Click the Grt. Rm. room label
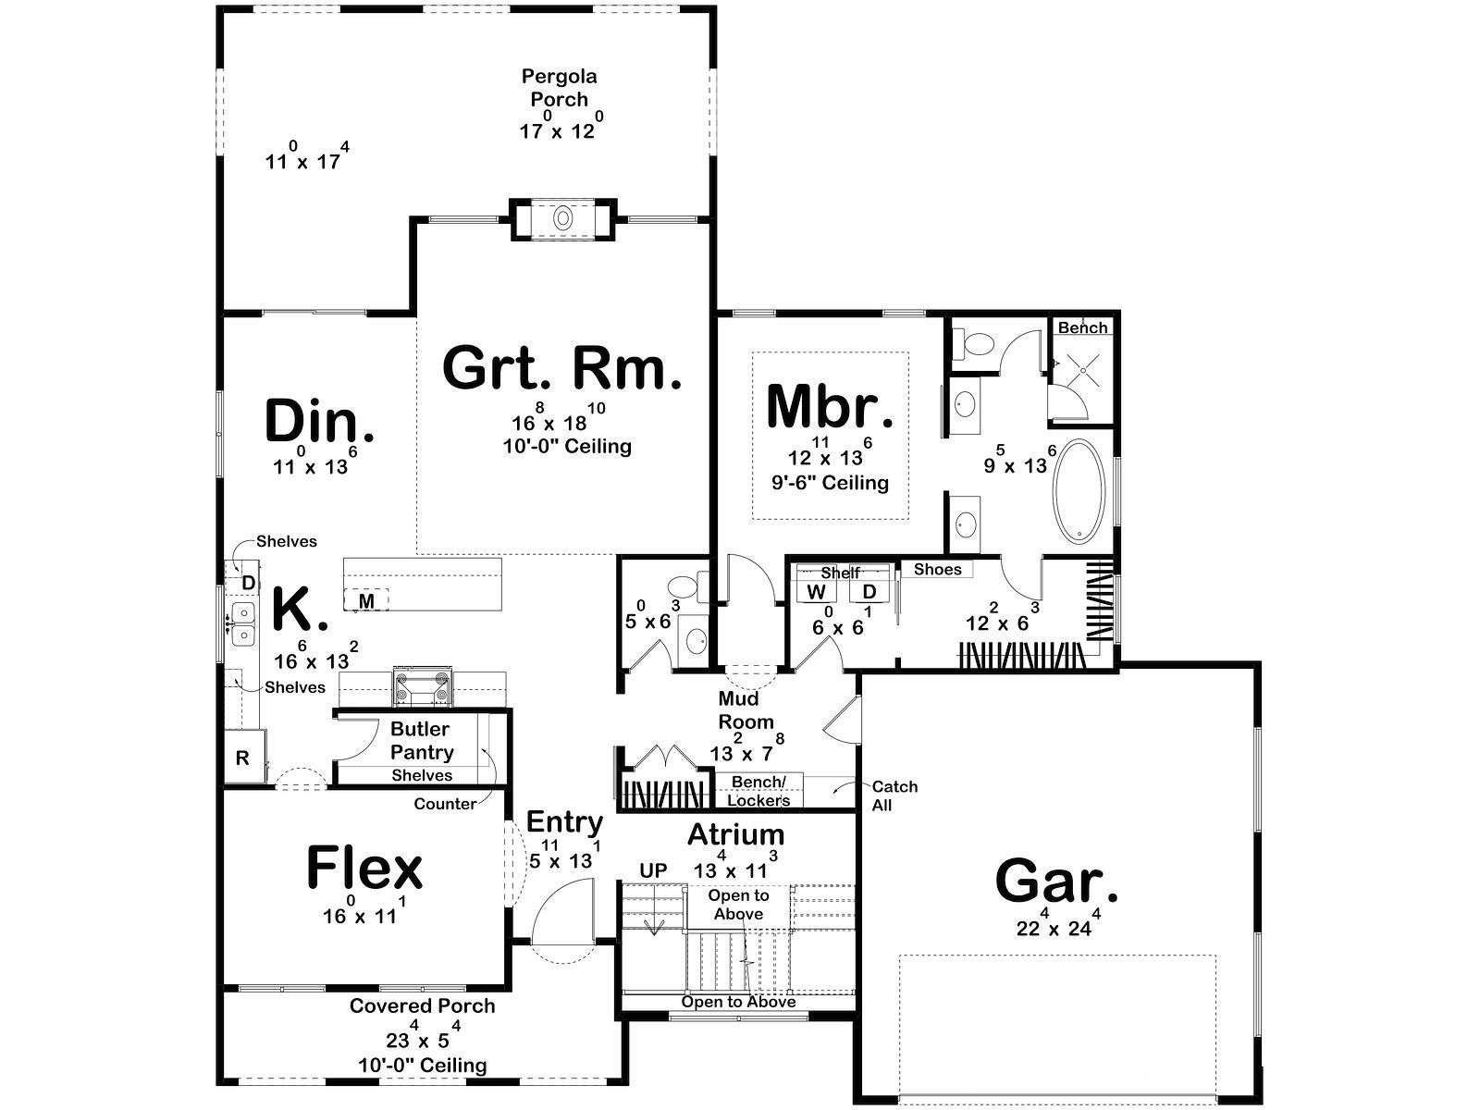[x=561, y=369]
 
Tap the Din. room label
[x=319, y=421]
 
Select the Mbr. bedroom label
[x=830, y=406]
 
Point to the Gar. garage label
[x=1056, y=881]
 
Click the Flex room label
[x=364, y=868]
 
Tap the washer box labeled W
[x=817, y=592]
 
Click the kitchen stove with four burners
[x=423, y=686]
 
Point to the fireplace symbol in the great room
[x=563, y=218]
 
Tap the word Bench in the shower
[x=1083, y=327]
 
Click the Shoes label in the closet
[x=937, y=570]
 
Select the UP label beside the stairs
[x=653, y=870]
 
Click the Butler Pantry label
[x=422, y=741]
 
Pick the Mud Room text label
[x=745, y=710]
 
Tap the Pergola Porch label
[x=559, y=88]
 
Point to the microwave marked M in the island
[x=367, y=600]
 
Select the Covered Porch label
[x=422, y=1006]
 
